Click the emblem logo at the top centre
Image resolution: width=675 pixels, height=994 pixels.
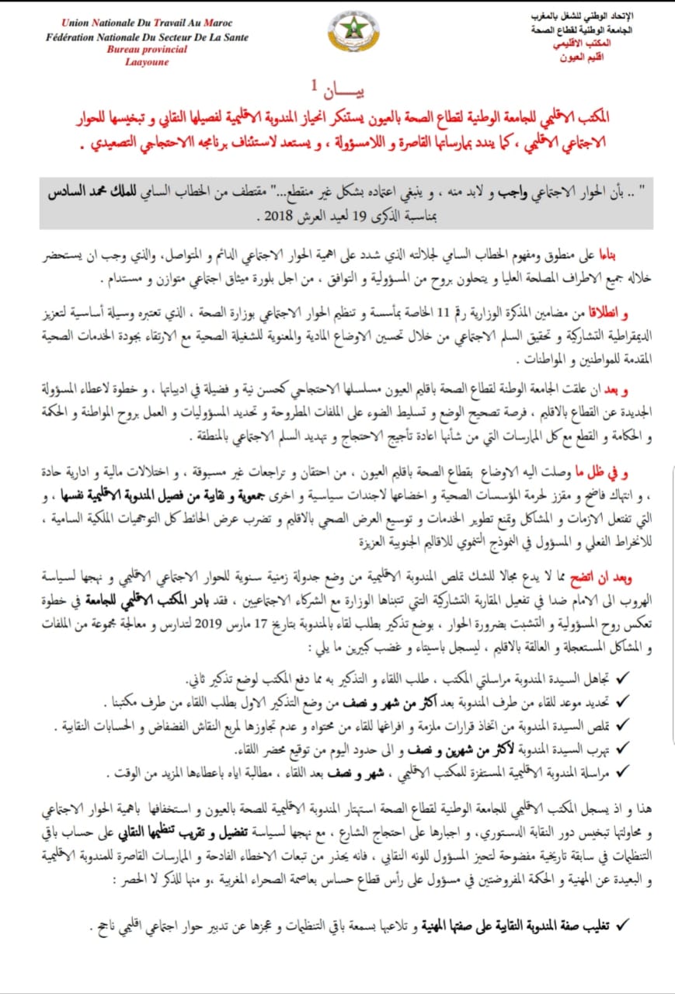(x=353, y=32)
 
